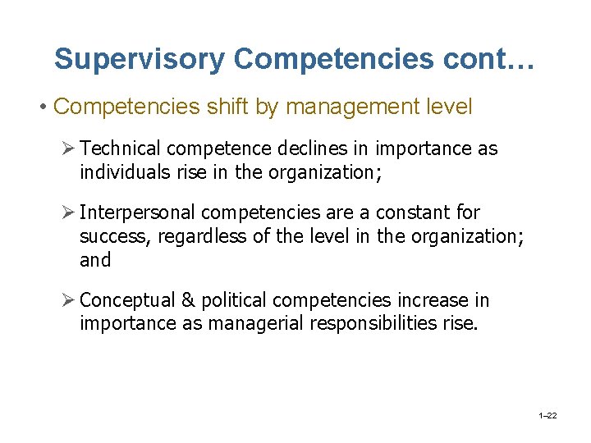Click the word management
tap(355, 107)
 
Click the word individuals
tap(121, 172)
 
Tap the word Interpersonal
tap(139, 212)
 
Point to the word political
tap(231, 300)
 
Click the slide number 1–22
tap(547, 417)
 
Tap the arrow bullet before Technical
tap(69, 148)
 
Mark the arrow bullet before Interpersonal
tap(69, 212)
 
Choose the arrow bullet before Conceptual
tap(69, 300)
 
